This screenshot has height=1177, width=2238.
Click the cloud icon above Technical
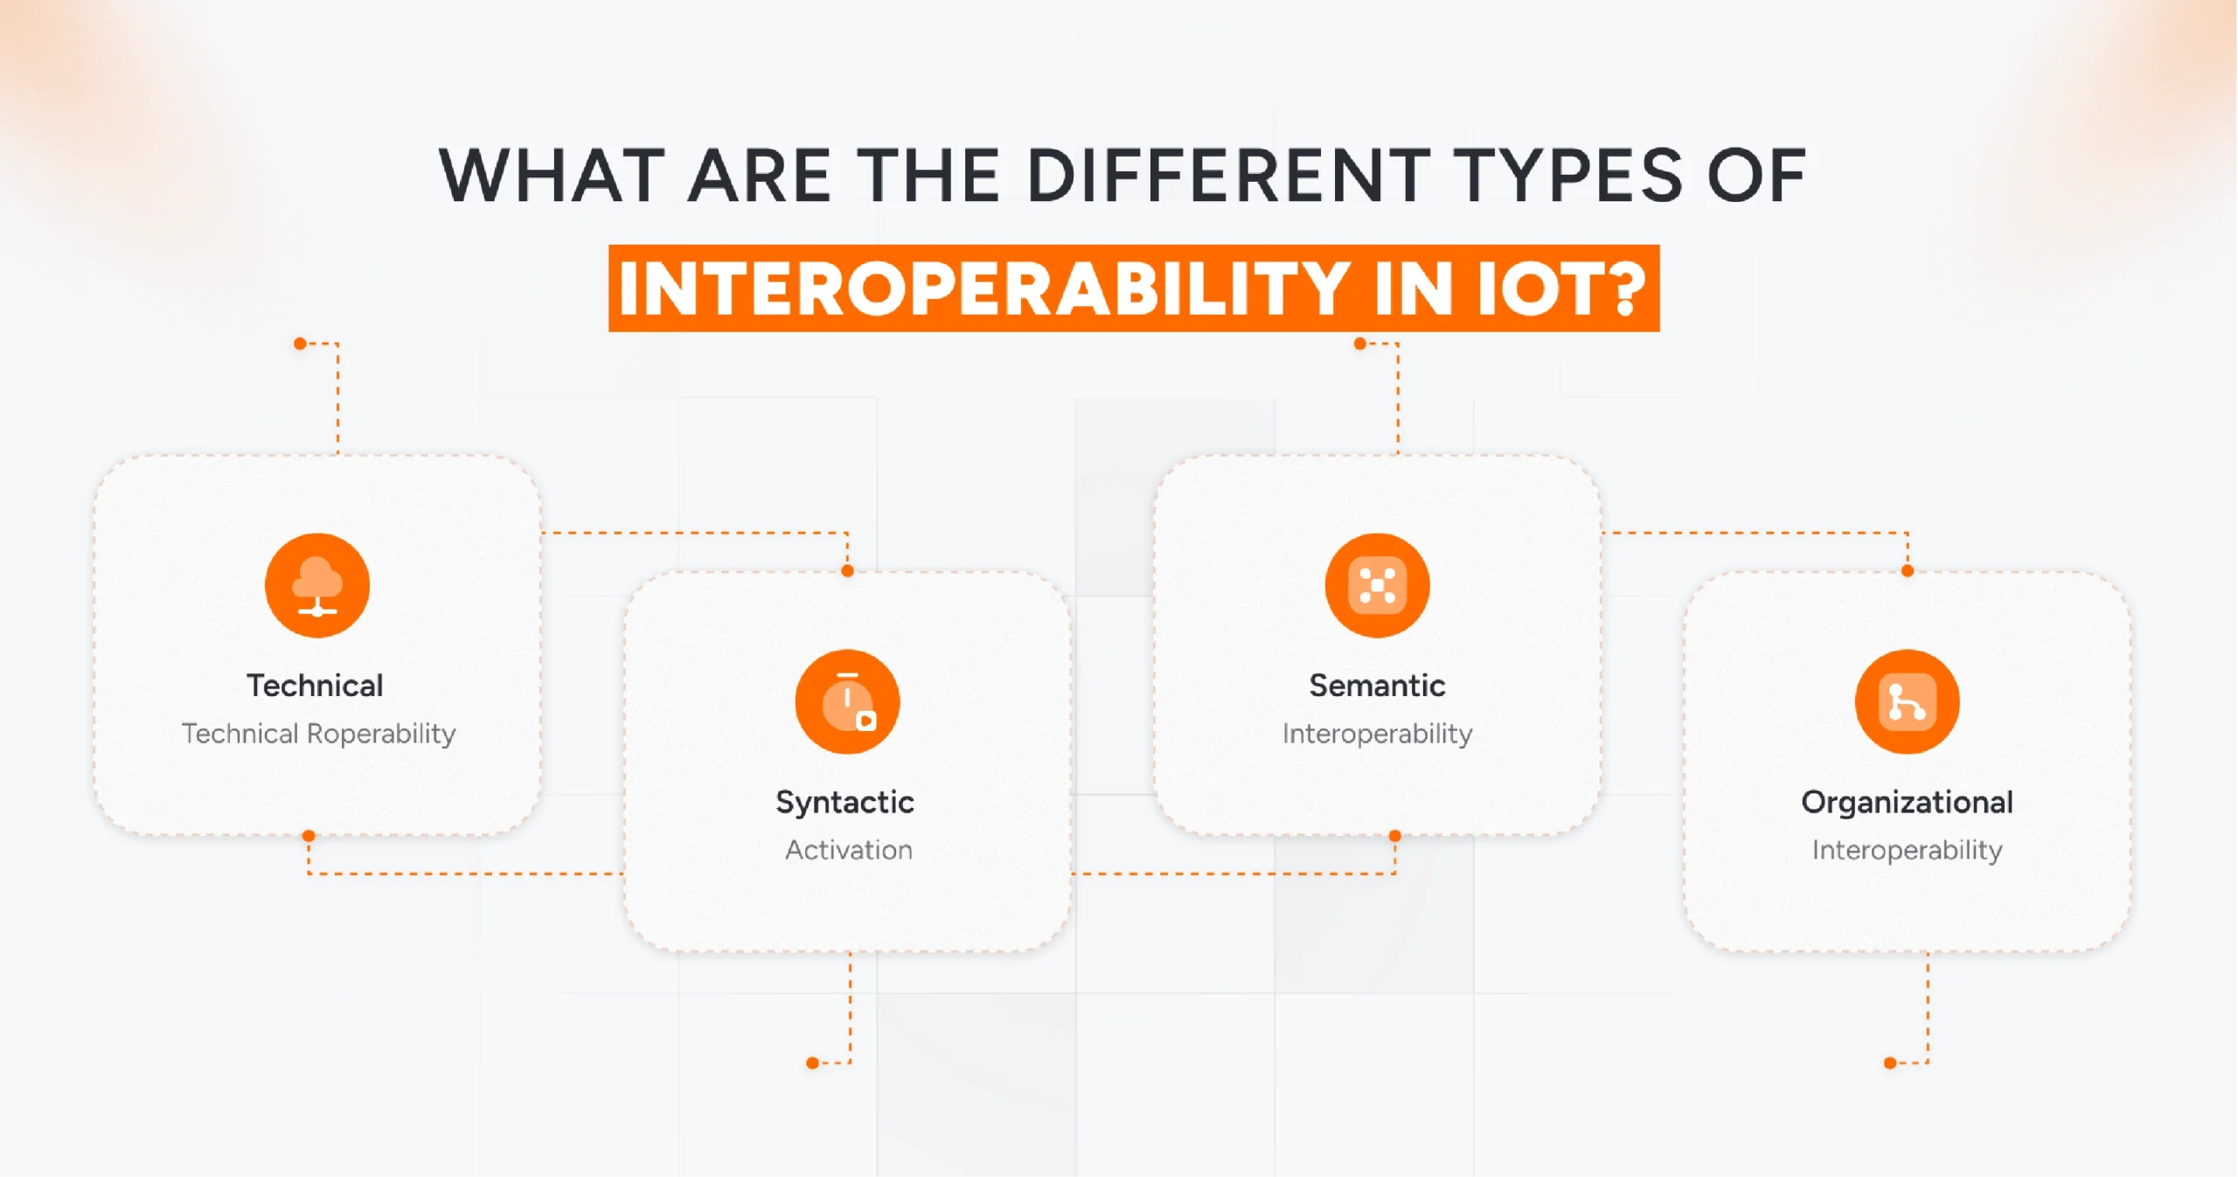point(316,585)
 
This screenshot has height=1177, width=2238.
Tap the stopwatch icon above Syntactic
point(847,701)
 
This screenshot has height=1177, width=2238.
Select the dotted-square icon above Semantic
point(1377,585)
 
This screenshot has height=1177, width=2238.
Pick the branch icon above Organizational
point(1907,701)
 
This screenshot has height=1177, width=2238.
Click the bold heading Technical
point(315,686)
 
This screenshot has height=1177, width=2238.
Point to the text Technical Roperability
point(318,733)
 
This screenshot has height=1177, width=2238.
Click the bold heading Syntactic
point(844,802)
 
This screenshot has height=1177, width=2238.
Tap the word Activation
point(848,849)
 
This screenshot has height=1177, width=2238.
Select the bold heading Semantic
point(1377,686)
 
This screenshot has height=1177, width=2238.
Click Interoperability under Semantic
point(1377,733)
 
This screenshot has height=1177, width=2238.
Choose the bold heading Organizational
point(1907,802)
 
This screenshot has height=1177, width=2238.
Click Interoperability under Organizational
point(1907,849)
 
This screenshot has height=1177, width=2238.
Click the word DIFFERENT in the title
point(1228,176)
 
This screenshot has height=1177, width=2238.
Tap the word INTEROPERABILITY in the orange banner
point(983,289)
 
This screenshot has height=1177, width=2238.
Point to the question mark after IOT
point(1629,289)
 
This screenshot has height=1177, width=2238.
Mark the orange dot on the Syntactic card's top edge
point(847,571)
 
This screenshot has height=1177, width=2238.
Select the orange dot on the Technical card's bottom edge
point(309,836)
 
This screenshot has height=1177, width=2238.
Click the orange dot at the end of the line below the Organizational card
point(1890,1063)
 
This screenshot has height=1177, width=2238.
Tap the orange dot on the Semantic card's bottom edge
point(1395,836)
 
